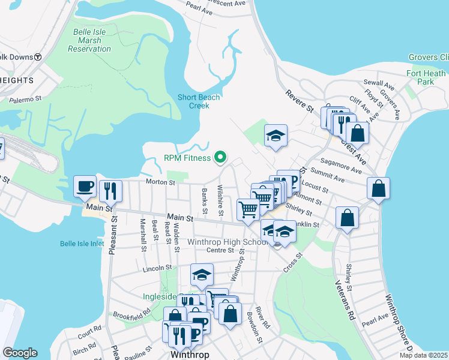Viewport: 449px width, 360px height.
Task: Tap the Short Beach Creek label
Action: point(199,101)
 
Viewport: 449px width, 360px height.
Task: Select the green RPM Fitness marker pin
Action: point(220,158)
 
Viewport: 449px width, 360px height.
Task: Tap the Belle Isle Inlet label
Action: point(82,244)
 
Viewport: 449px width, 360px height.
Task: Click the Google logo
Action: point(19,353)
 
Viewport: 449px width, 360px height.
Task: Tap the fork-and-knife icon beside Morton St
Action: point(110,191)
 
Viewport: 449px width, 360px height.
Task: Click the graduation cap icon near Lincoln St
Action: point(202,275)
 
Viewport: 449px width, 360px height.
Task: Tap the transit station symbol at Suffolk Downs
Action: point(37,57)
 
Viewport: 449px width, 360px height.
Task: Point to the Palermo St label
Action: point(25,98)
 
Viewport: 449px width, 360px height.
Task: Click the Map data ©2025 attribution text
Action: point(424,355)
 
